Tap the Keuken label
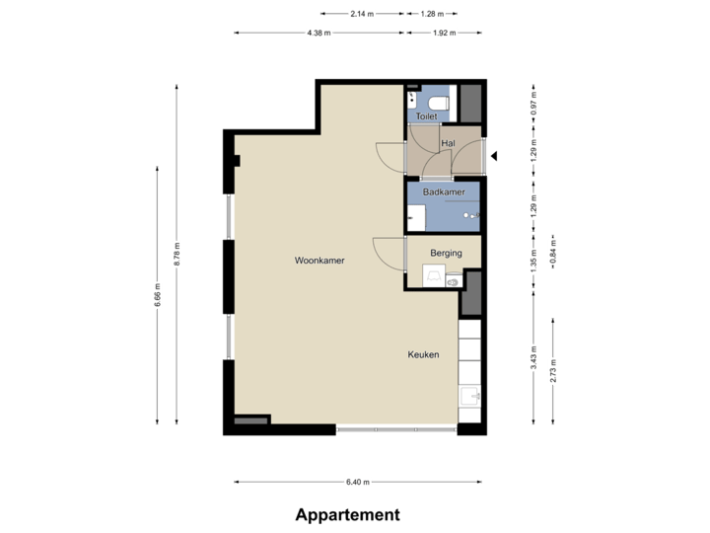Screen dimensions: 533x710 424,354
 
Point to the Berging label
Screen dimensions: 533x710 446,254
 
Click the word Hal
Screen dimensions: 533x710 449,144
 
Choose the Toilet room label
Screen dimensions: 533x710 426,116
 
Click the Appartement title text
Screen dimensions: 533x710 347,514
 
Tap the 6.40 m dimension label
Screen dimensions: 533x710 357,482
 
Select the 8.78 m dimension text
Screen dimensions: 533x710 177,255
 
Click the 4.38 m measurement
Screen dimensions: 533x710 319,33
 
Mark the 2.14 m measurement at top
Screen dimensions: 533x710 362,14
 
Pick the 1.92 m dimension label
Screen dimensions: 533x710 445,33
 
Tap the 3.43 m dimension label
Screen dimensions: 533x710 533,356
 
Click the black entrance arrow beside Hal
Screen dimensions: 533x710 496,155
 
